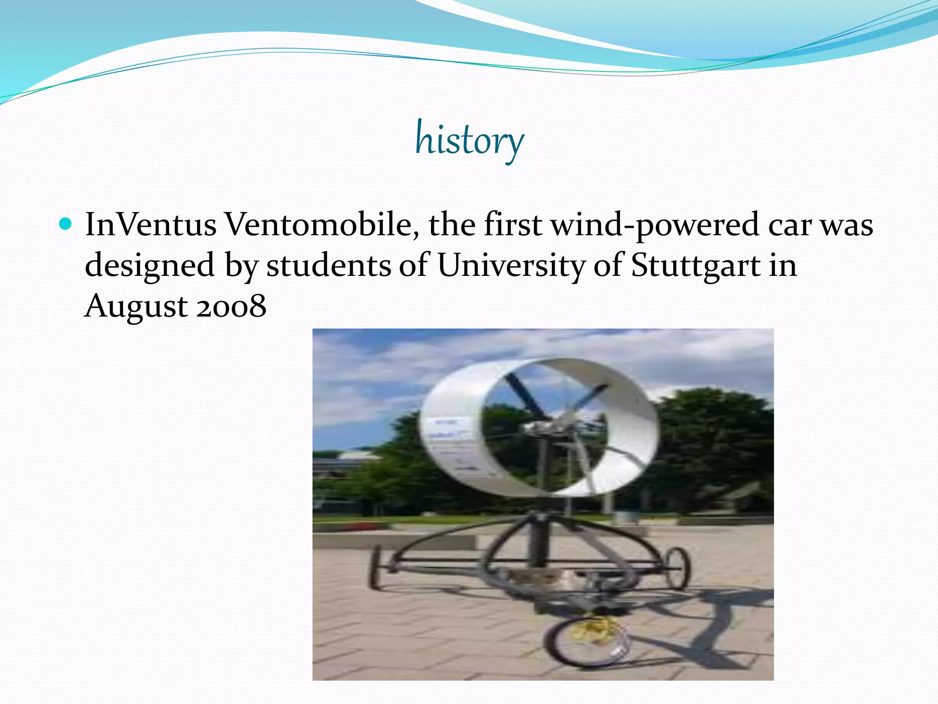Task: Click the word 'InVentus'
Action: (x=151, y=225)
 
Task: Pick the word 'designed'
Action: (x=150, y=266)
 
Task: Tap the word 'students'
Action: (x=328, y=265)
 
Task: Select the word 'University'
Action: (x=511, y=266)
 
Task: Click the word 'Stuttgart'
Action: (x=696, y=266)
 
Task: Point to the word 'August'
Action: (x=136, y=307)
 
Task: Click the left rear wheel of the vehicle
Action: (x=375, y=566)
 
